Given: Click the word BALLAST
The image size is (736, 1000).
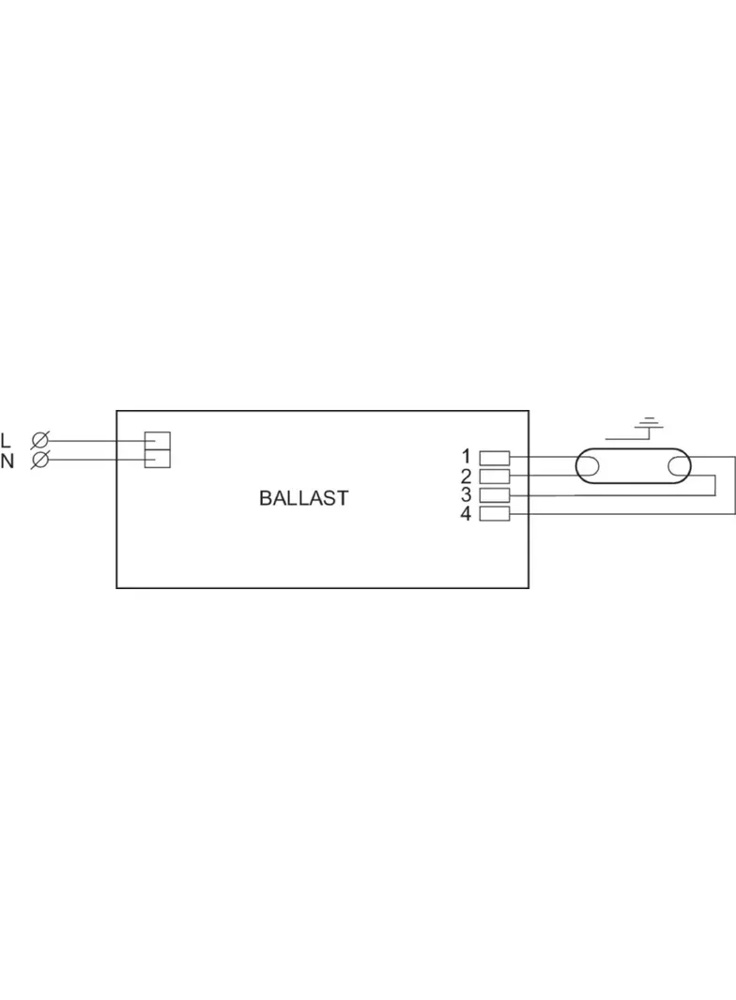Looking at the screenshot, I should pyautogui.click(x=303, y=498).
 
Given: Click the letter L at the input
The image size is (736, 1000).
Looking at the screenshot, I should pyautogui.click(x=7, y=440).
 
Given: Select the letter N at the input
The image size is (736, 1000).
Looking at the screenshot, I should pyautogui.click(x=8, y=461).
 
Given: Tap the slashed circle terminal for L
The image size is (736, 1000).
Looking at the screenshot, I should pyautogui.click(x=40, y=440).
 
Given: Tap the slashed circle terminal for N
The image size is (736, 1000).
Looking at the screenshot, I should pyautogui.click(x=40, y=460).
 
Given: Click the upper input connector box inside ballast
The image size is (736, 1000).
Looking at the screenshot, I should pyautogui.click(x=156, y=440).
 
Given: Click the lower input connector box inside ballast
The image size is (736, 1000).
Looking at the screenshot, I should pyautogui.click(x=156, y=459).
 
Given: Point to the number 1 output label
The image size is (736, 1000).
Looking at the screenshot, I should pyautogui.click(x=467, y=457).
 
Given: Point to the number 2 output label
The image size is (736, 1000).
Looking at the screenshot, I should pyautogui.click(x=467, y=476).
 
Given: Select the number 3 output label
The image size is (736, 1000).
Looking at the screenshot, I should pyautogui.click(x=467, y=494).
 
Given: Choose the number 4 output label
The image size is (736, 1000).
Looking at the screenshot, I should pyautogui.click(x=467, y=513).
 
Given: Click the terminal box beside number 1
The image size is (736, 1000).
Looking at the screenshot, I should pyautogui.click(x=495, y=458).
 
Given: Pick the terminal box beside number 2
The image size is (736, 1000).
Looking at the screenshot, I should pyautogui.click(x=495, y=476).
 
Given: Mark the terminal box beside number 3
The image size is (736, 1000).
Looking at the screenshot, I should pyautogui.click(x=495, y=494).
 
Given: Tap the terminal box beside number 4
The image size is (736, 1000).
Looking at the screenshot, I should pyautogui.click(x=495, y=513).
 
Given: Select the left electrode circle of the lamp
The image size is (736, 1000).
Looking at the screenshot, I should pyautogui.click(x=589, y=466).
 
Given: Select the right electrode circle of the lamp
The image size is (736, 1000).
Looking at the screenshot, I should pyautogui.click(x=679, y=466).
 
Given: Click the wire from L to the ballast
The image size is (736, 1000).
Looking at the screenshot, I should pyautogui.click(x=94, y=440).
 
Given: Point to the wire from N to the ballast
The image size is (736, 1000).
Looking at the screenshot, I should pyautogui.click(x=94, y=460).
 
